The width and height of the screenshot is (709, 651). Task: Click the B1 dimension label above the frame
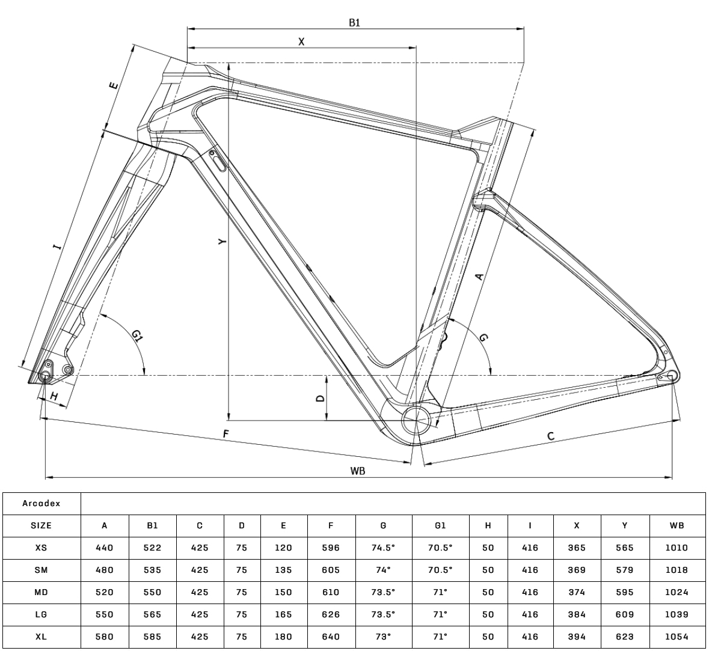tap(355, 23)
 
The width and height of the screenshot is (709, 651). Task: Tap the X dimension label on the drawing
tap(302, 41)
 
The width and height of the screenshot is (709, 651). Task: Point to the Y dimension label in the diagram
tap(221, 242)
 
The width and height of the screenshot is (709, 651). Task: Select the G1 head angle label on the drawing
tap(138, 336)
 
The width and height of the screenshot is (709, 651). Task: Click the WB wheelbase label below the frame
tap(358, 471)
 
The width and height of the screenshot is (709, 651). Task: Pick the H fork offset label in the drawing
tap(54, 397)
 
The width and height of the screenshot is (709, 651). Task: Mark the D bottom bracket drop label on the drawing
tap(320, 399)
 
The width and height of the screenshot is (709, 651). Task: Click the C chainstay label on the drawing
tap(550, 436)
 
